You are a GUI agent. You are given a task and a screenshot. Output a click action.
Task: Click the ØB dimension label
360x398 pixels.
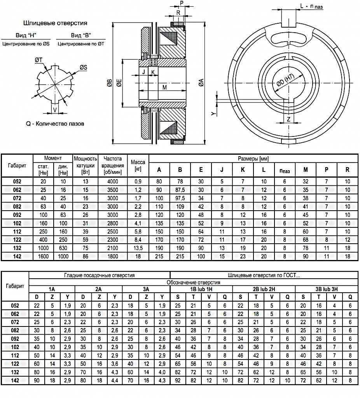[x=109, y=83]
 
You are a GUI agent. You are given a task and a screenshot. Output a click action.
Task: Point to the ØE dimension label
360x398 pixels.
[x=119, y=83]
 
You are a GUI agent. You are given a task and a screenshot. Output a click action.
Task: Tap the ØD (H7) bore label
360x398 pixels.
[x=285, y=80]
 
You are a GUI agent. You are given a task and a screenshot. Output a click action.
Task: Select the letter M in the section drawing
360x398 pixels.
[x=164, y=87]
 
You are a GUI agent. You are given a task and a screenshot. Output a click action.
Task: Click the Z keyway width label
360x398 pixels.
[x=288, y=119]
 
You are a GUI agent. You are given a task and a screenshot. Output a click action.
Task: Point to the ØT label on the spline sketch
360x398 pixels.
[x=38, y=60]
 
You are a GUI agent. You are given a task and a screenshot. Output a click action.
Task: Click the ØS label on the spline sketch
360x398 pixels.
[x=83, y=67]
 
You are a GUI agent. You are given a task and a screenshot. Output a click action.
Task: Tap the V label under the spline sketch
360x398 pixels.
[x=55, y=110]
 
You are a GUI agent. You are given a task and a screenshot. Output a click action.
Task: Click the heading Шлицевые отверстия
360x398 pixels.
[x=55, y=23]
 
